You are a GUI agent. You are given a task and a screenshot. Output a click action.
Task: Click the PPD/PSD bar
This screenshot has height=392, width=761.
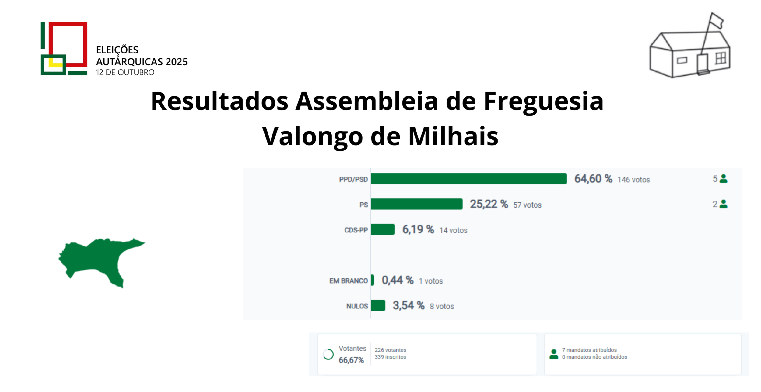[469, 179]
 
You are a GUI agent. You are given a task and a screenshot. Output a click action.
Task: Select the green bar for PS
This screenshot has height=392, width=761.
[417, 204]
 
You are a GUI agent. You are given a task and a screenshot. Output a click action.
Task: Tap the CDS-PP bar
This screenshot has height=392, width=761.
[383, 229]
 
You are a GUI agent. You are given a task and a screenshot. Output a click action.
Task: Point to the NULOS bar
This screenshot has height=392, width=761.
[378, 305]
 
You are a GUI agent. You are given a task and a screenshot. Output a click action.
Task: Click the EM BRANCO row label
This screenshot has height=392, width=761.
[349, 281]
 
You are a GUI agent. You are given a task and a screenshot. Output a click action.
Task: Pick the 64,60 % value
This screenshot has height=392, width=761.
[593, 179]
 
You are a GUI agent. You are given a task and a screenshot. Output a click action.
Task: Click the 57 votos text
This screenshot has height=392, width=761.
[527, 205]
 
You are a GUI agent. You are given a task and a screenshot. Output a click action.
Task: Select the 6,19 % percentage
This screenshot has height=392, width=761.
[418, 229]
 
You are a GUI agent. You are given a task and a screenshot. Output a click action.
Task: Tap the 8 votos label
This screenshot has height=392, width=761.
[442, 306]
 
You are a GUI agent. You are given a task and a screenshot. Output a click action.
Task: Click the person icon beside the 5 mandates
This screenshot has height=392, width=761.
[724, 179]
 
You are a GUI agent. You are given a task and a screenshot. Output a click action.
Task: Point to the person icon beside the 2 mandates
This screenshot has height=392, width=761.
[724, 204]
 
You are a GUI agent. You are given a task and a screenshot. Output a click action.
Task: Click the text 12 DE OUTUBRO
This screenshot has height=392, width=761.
[125, 72]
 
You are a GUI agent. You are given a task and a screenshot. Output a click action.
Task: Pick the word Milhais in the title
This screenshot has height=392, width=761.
[453, 136]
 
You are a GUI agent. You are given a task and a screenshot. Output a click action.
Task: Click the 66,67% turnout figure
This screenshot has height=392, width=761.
[351, 360]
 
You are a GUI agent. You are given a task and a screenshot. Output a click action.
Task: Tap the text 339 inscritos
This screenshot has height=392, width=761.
[390, 357]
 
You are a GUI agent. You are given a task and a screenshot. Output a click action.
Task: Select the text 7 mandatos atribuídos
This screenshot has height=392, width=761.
[589, 350]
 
